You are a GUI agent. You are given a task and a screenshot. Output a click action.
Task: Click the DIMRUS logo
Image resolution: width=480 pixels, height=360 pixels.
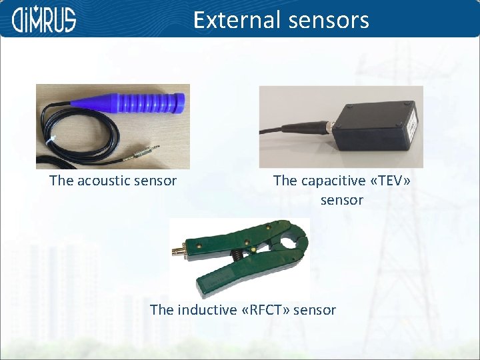pyautogui.click(x=44, y=19)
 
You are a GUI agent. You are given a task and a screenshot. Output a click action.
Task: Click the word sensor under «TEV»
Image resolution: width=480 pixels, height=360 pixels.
pyautogui.click(x=342, y=200)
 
